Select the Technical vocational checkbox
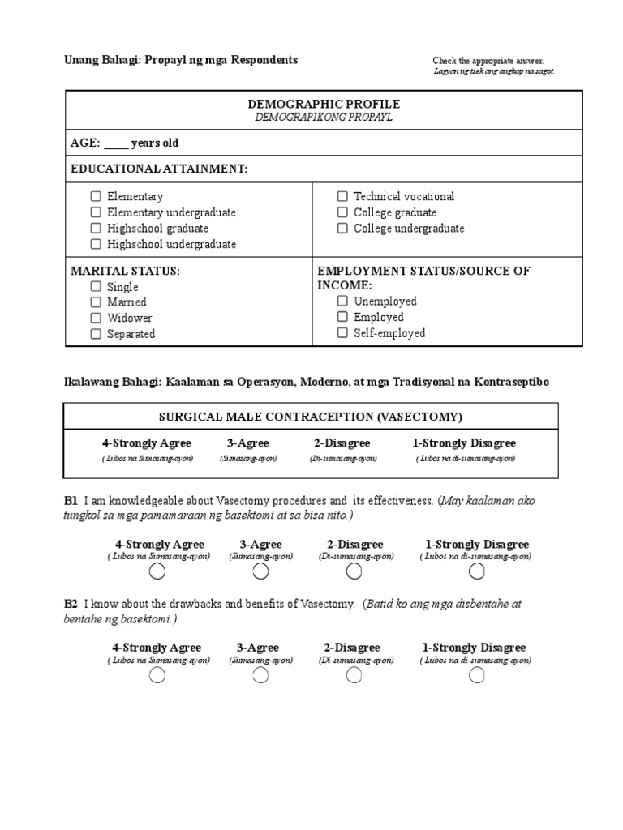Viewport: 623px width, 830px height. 342,196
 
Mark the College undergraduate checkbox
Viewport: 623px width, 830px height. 342,229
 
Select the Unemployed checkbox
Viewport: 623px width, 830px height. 342,302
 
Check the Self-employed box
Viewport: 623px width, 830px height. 342,333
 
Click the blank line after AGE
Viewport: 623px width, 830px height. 115,144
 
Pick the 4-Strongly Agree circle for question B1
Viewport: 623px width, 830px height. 157,572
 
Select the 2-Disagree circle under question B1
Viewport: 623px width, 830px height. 354,572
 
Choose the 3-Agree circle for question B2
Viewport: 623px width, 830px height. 260,676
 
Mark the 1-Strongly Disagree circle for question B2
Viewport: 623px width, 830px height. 477,676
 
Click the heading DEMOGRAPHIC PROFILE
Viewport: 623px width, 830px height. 324,105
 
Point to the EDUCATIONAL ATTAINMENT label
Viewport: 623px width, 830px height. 159,169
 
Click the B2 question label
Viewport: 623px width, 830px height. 71,604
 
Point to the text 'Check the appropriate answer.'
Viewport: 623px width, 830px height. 488,61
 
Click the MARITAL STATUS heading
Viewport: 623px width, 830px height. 125,271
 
